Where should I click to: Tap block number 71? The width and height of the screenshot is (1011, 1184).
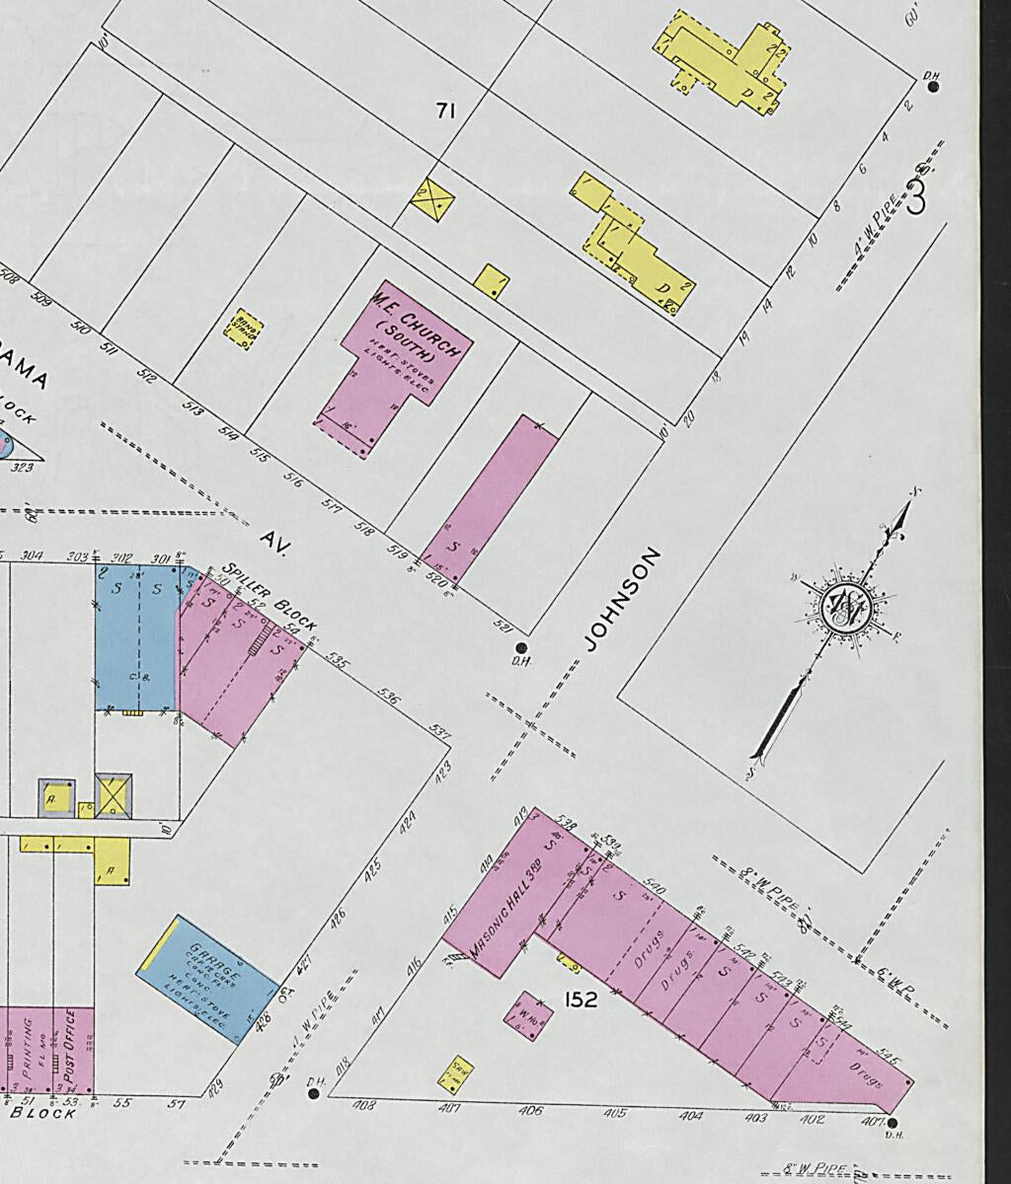pyautogui.click(x=445, y=111)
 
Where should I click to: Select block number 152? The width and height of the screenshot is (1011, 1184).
pyautogui.click(x=581, y=999)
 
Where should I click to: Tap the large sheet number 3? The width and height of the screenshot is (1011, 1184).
pyautogui.click(x=915, y=198)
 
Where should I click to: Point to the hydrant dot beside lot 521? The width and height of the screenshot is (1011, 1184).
pyautogui.click(x=520, y=647)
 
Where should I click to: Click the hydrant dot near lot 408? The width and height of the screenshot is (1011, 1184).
pyautogui.click(x=314, y=1093)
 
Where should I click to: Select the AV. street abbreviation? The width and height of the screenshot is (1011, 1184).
pyautogui.click(x=272, y=541)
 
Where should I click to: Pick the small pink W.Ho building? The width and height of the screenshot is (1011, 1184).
pyautogui.click(x=520, y=1014)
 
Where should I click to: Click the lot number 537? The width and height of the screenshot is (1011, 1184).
pyautogui.click(x=440, y=732)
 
